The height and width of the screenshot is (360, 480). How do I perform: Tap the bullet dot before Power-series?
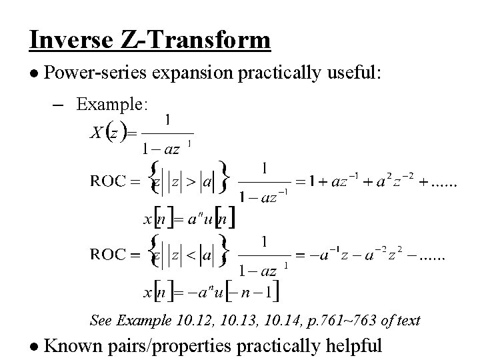point(35,73)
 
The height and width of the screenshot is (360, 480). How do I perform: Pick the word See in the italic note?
point(102,321)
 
